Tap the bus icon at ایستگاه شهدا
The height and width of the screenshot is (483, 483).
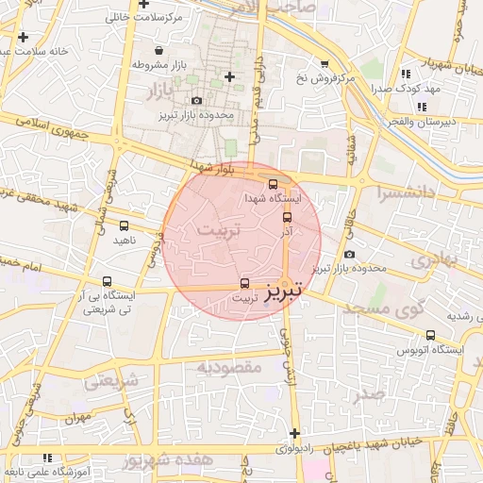pyautogui.click(x=274, y=184)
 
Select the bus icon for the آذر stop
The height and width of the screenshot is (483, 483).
pyautogui.click(x=288, y=216)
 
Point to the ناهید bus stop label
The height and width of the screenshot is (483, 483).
pyautogui.click(x=125, y=241)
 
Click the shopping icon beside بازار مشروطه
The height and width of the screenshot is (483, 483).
pyautogui.click(x=157, y=51)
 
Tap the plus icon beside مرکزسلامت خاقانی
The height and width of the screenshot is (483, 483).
pyautogui.click(x=142, y=5)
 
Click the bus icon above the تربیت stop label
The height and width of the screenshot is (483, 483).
pyautogui.click(x=245, y=282)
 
